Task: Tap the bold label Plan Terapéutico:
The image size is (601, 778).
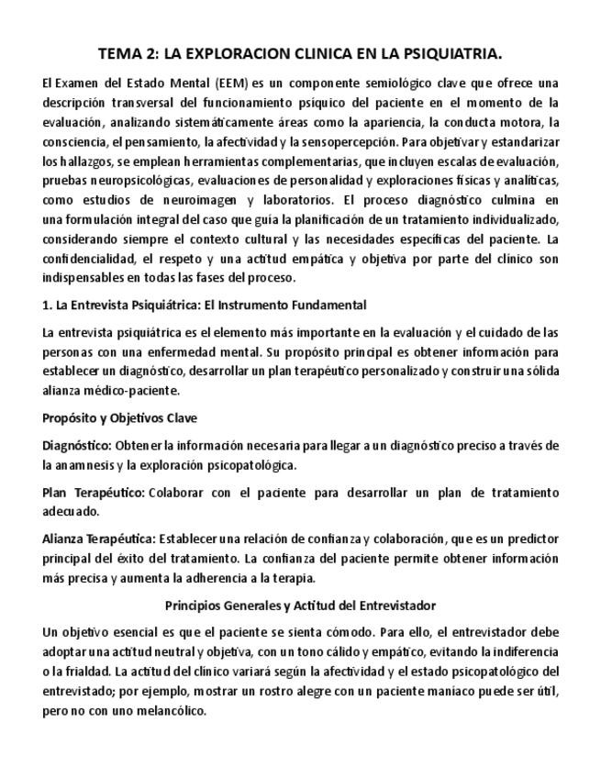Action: click(94, 493)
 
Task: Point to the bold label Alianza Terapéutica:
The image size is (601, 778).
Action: click(99, 539)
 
